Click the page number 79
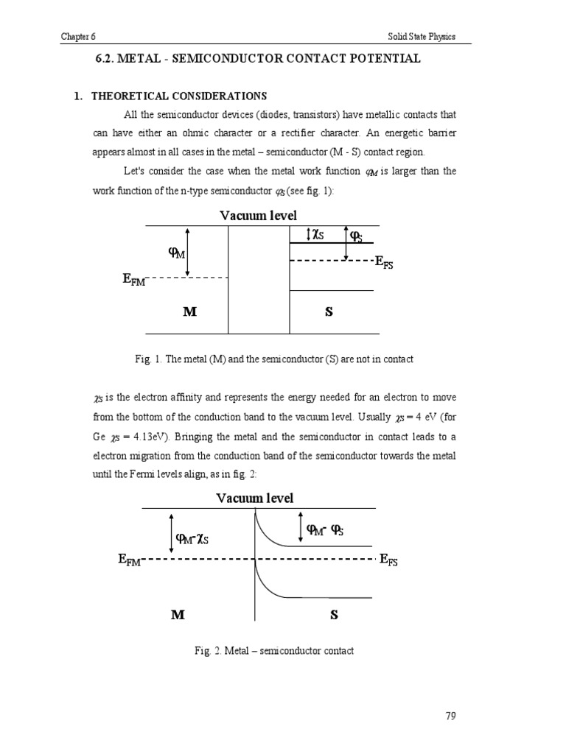click(x=451, y=715)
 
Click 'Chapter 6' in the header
click(x=80, y=37)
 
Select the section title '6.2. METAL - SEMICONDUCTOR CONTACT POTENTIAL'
click(x=254, y=59)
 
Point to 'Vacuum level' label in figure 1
click(x=258, y=215)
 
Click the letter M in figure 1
click(x=190, y=311)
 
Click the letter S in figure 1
click(x=329, y=311)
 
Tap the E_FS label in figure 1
click(x=384, y=262)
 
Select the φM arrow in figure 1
click(x=188, y=252)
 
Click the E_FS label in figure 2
click(x=388, y=560)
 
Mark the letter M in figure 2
click(x=178, y=615)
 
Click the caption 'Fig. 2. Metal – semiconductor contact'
click(x=274, y=651)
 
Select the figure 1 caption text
click(x=273, y=359)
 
